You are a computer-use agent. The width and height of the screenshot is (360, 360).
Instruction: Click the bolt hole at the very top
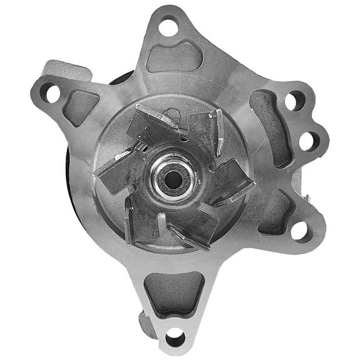[167, 27]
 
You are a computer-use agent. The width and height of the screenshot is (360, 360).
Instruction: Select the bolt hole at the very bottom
[176, 339]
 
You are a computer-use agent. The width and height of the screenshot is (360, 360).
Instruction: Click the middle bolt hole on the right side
[307, 141]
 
